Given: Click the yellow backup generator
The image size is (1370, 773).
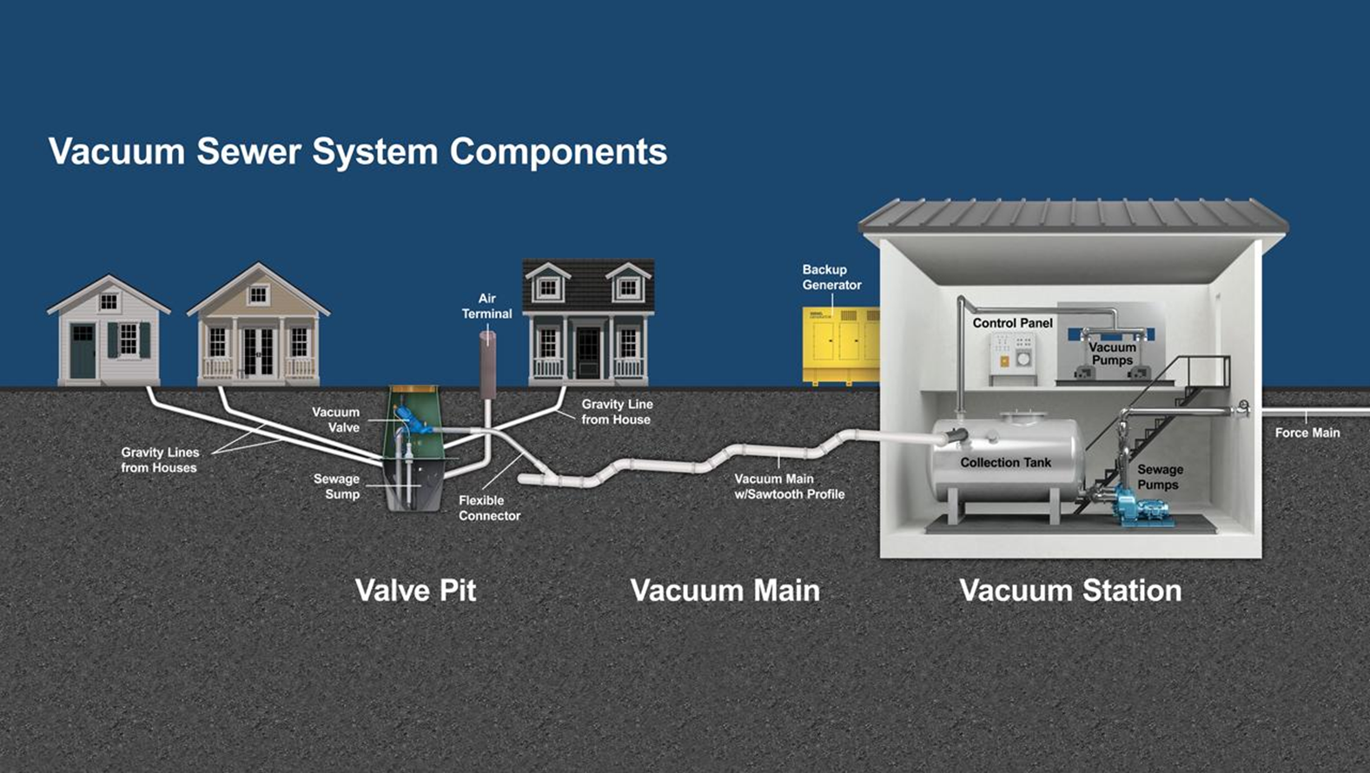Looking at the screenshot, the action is pos(841,346).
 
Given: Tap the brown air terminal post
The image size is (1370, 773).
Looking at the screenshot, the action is pos(487,365).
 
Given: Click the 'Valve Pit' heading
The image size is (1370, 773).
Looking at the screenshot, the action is pos(415,591).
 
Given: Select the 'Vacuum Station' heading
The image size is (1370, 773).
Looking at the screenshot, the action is pos(1071,591).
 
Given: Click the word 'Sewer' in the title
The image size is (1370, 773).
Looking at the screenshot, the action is pos(248,151).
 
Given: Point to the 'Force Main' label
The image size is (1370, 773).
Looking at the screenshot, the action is pos(1307,433).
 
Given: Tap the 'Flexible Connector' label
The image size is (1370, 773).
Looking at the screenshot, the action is pos(489,508).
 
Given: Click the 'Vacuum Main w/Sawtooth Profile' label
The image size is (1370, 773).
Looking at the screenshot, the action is pos(789,486).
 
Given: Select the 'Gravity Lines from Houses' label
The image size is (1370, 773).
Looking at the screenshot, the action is pos(160,459).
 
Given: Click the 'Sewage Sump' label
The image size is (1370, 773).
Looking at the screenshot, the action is pos(336,486).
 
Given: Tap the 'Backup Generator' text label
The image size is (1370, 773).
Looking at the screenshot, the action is pos(831,277).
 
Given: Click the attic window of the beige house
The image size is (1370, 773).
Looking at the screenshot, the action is pos(258,295).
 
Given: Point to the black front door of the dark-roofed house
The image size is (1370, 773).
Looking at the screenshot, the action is pos(588,353).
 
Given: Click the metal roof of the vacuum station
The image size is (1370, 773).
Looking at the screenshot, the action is pos(1074,215).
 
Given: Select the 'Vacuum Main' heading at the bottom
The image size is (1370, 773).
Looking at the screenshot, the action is pos(725,591).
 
